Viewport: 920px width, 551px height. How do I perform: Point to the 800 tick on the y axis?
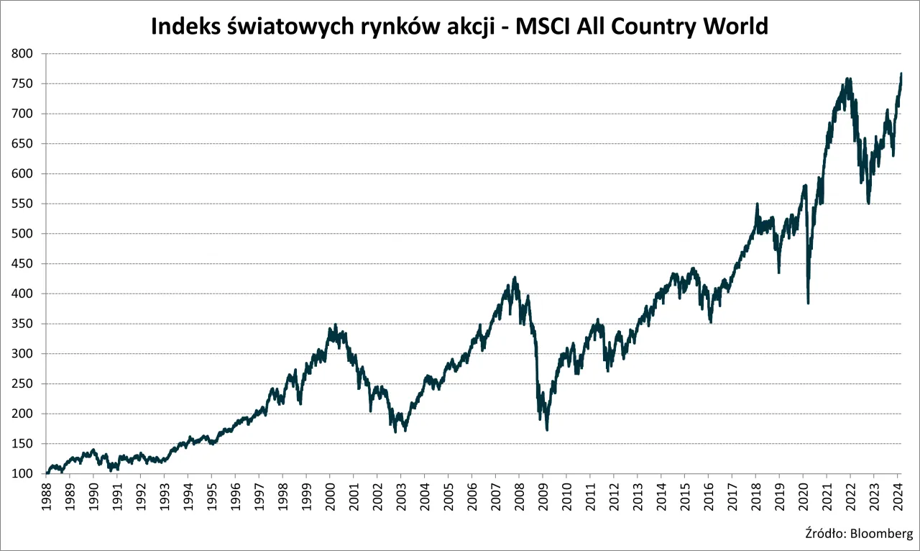(x=23, y=54)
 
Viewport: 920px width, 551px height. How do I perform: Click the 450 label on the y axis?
(x=23, y=264)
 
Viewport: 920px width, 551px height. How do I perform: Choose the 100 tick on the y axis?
(x=23, y=473)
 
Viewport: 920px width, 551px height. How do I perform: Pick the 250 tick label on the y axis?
(x=23, y=383)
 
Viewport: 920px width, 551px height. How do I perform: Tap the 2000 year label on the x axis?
(x=330, y=497)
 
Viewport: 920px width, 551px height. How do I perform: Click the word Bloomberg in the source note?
(x=883, y=534)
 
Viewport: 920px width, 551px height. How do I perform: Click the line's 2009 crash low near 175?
(x=547, y=429)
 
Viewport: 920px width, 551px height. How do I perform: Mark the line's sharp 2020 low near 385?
(x=809, y=303)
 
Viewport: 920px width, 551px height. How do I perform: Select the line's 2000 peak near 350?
(x=336, y=325)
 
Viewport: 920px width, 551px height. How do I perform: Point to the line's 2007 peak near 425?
(x=515, y=278)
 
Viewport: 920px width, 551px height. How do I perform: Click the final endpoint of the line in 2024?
(x=901, y=73)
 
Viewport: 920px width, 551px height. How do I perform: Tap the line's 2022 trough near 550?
(x=868, y=203)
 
